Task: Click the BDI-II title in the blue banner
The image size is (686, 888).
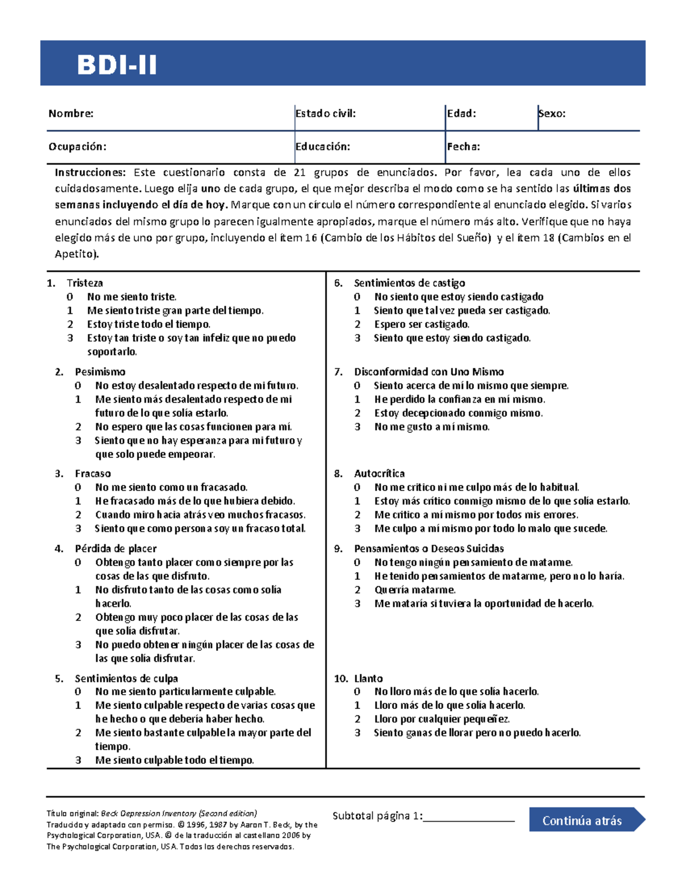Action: pos(117,65)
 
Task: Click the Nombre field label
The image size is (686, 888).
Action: pos(71,113)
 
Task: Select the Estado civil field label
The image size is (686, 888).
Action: pos(326,113)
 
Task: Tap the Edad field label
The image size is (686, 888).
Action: pos(461,113)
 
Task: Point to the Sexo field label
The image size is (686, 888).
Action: pos(552,113)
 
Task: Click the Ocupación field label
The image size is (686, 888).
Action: pos(77,146)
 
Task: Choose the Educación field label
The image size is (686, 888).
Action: pos(323,146)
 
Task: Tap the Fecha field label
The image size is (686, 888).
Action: pos(464,146)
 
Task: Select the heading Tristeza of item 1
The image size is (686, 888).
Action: pos(85,283)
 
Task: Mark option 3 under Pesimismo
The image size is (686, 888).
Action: pos(78,440)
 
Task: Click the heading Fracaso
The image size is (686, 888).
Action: pos(93,473)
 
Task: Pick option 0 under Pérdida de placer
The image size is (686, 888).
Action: pos(78,563)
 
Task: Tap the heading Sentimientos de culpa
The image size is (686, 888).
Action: pos(126,679)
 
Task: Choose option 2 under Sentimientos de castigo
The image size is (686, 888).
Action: pos(357,324)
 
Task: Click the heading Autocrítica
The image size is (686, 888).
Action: pos(379,473)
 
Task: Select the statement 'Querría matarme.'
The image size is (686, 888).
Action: pos(415,590)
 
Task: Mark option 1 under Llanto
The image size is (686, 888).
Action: pos(357,706)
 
